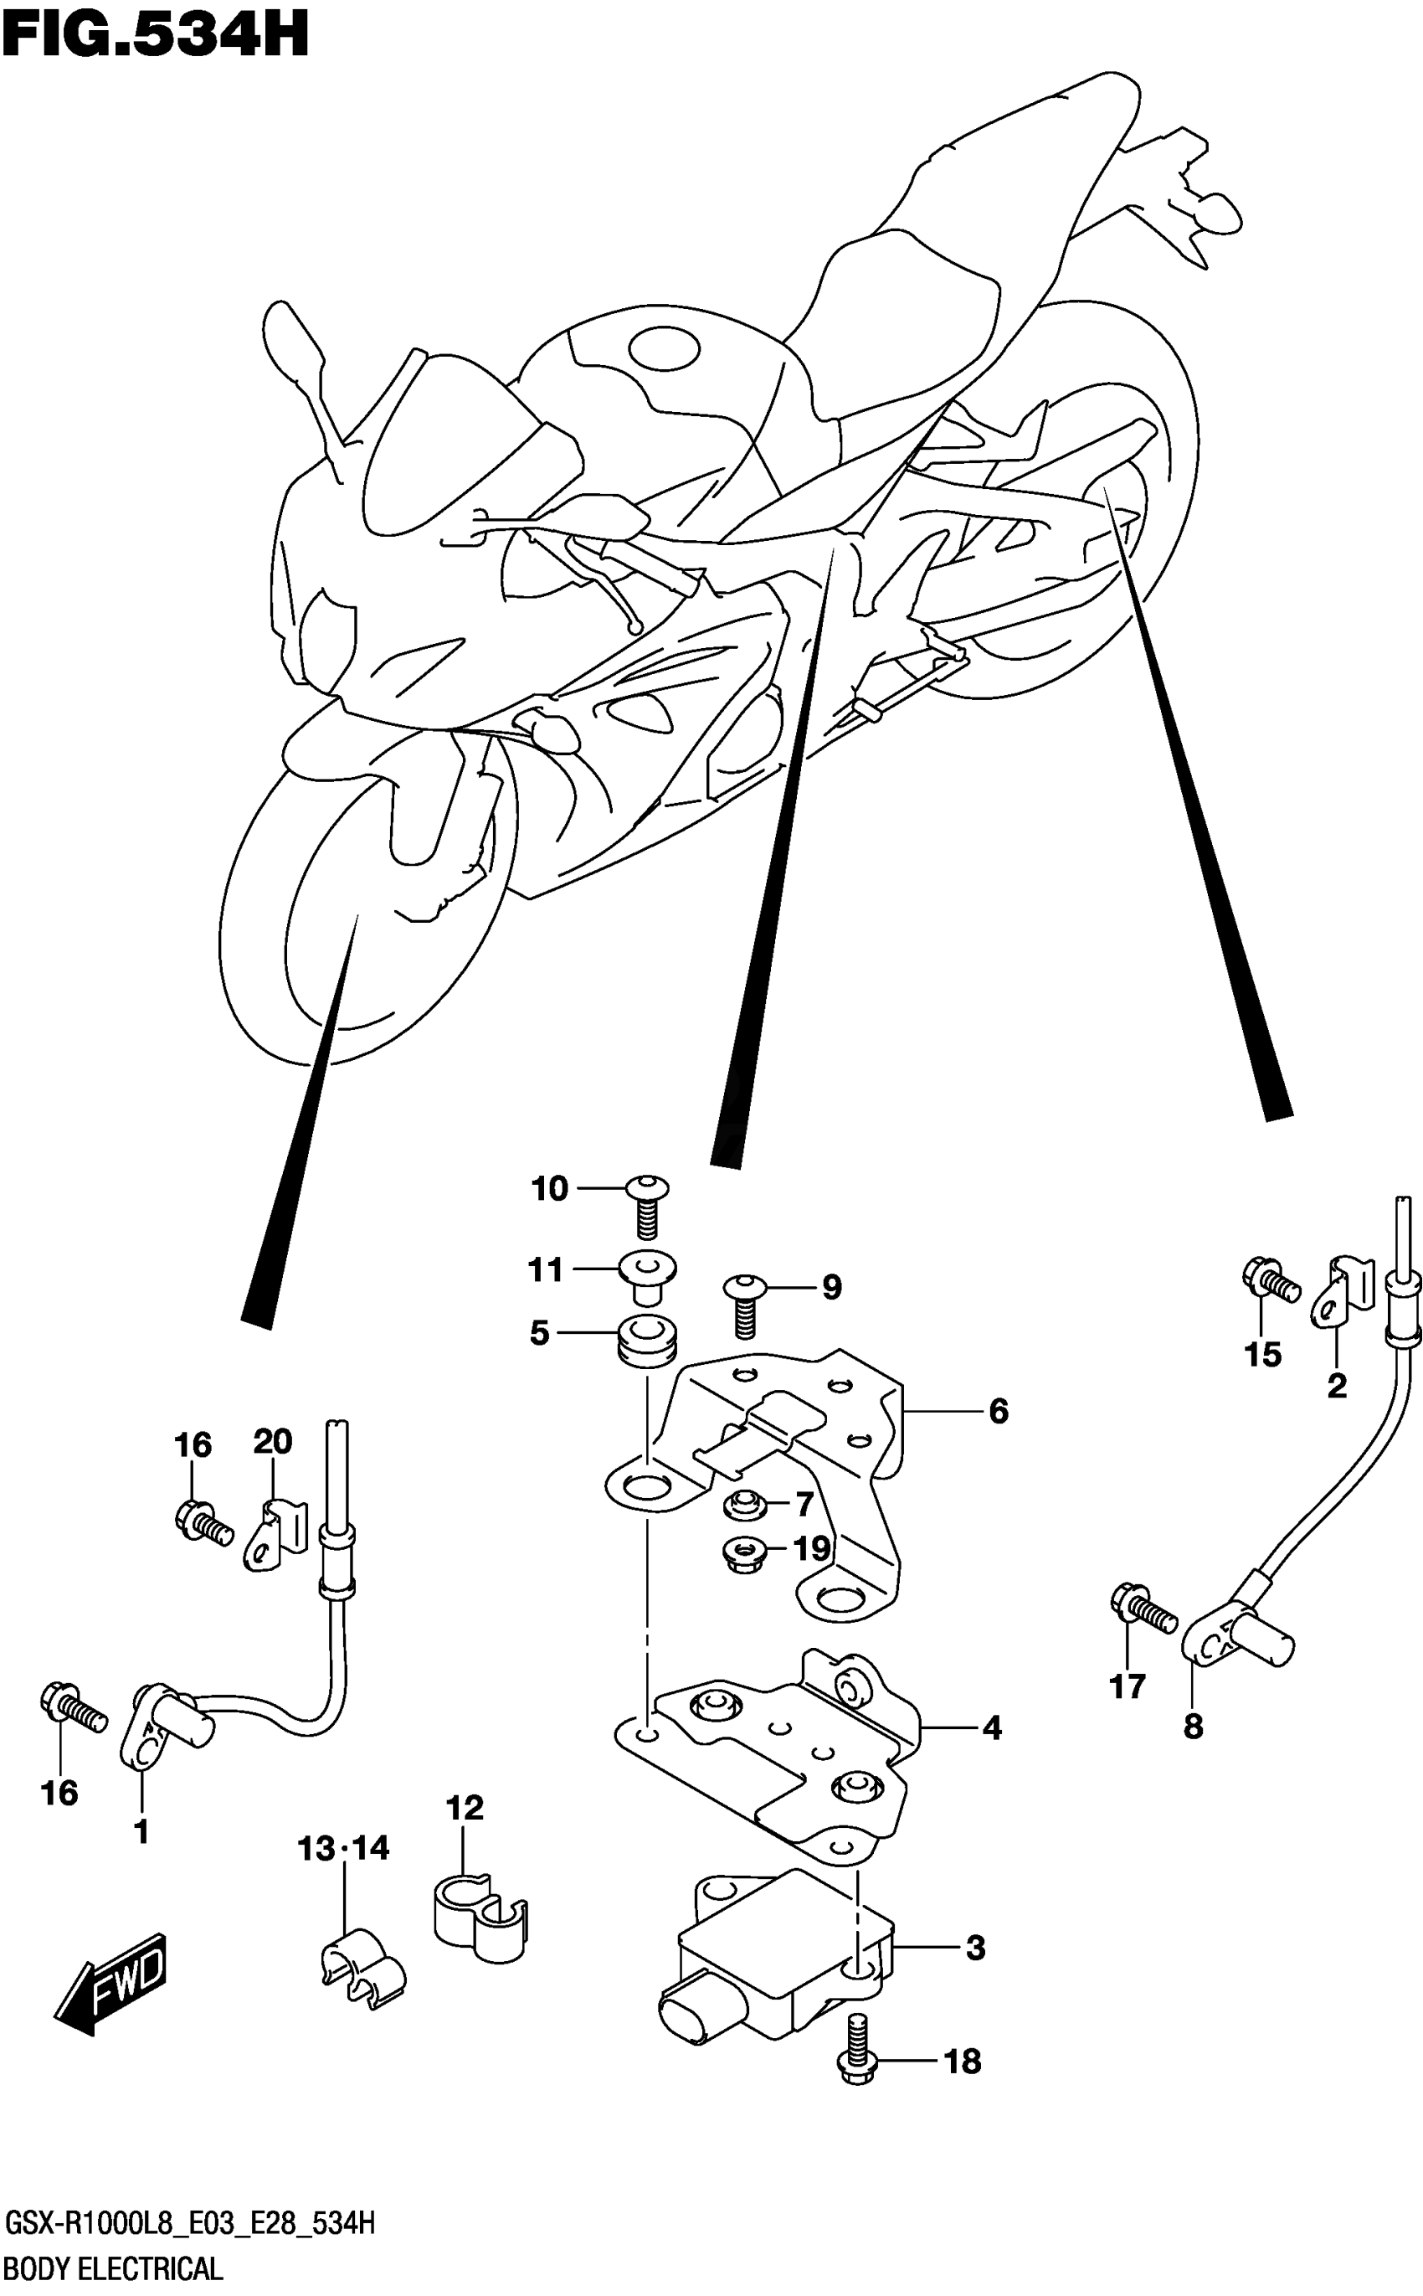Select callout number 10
click(x=550, y=1189)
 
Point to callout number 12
click(x=465, y=1808)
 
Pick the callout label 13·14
click(x=343, y=1848)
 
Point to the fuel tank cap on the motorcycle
click(x=664, y=349)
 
